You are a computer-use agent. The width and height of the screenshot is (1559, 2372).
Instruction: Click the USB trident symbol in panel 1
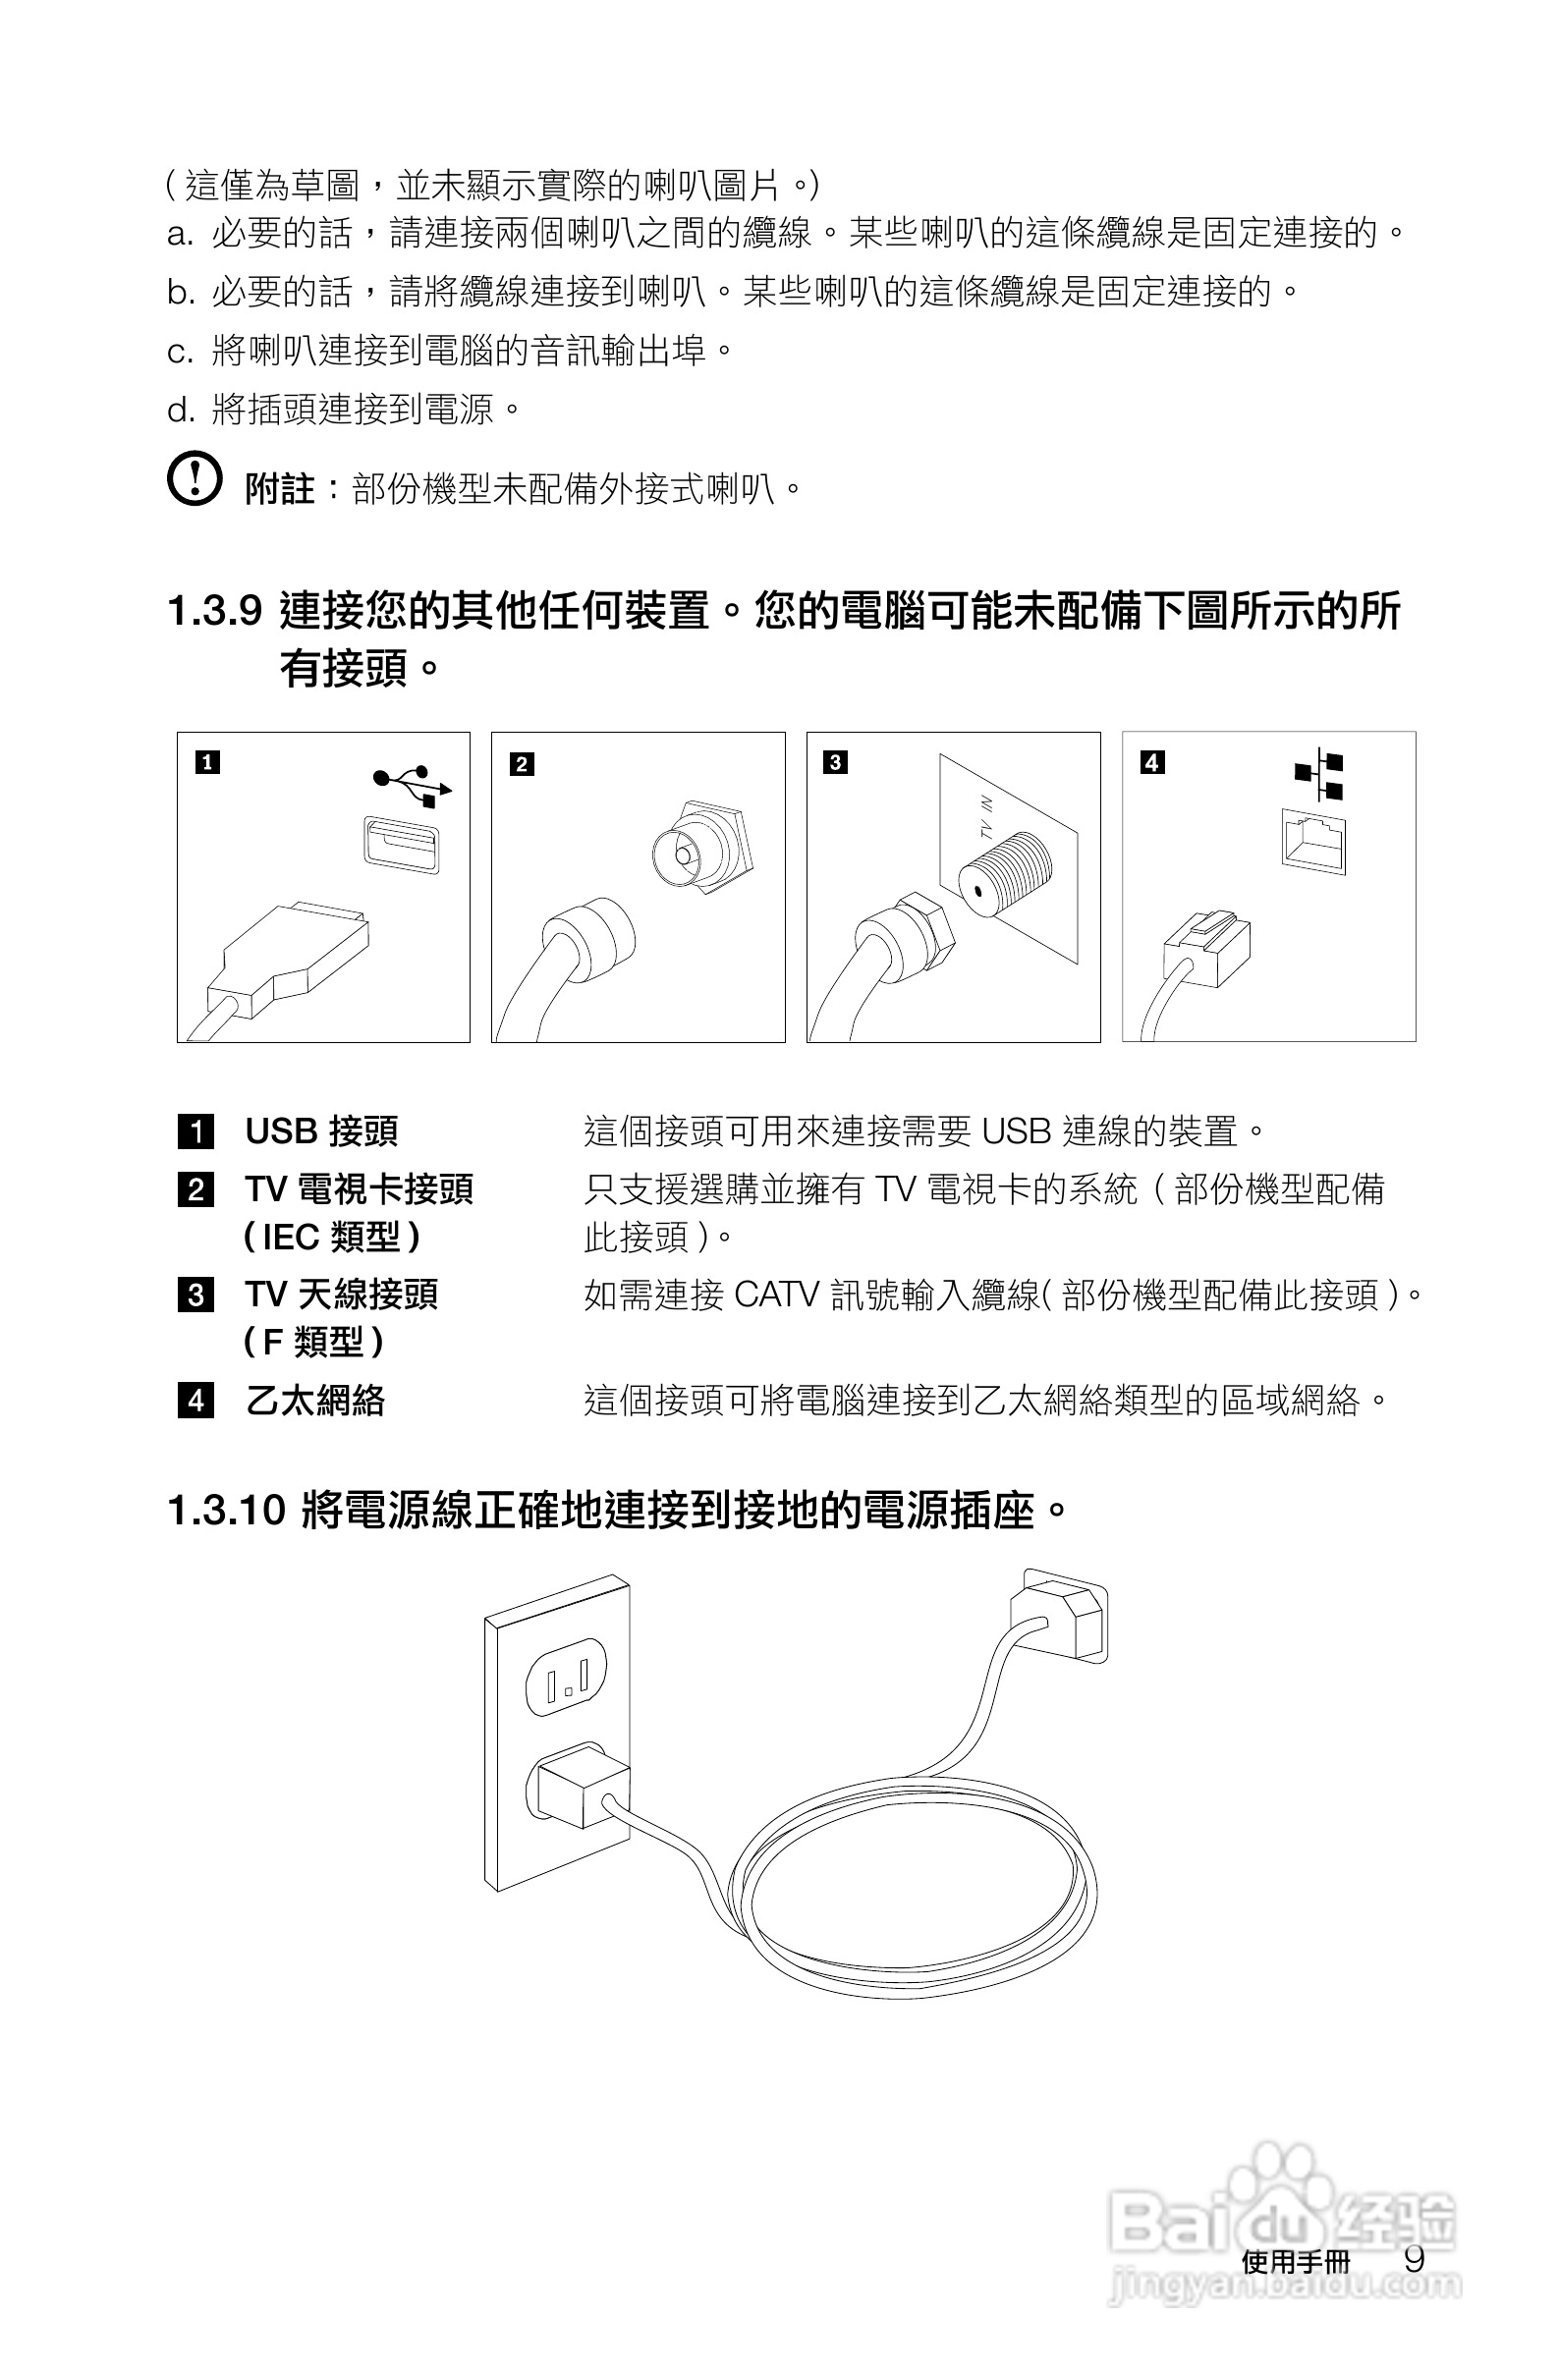[412, 785]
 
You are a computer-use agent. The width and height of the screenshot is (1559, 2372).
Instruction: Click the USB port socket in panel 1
[401, 843]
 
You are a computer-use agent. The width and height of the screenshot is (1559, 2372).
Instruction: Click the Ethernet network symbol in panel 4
[1318, 774]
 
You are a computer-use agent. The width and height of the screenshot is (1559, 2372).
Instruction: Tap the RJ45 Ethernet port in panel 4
[1312, 842]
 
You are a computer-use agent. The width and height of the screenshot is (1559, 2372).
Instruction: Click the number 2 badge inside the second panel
[522, 764]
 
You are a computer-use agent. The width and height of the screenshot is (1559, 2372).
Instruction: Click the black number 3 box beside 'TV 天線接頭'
[195, 1295]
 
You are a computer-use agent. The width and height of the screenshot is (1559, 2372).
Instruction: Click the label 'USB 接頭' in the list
[321, 1131]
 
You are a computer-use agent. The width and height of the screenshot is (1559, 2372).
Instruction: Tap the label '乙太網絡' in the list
[314, 1401]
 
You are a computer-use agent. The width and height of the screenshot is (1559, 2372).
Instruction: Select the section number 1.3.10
[227, 1510]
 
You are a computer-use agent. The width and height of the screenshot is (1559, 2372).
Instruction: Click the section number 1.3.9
[214, 610]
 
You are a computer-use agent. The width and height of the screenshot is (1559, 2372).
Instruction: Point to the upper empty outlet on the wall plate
[565, 1679]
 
